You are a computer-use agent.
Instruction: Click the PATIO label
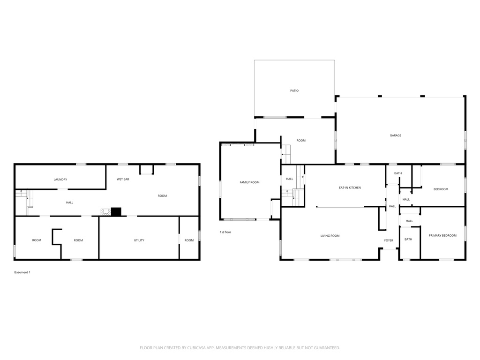[x=294, y=90]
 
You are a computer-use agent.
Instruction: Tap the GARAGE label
[x=396, y=135]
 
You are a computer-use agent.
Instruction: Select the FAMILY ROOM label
[x=249, y=182]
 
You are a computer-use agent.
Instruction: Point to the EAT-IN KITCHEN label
[x=350, y=187]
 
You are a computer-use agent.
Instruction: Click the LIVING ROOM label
[x=330, y=236]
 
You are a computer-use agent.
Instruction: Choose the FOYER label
[x=389, y=240]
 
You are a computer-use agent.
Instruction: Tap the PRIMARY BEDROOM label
[x=442, y=236]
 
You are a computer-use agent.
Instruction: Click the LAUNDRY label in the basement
[x=60, y=180]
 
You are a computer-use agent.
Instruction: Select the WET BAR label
[x=123, y=179]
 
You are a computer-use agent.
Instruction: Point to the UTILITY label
[x=139, y=240]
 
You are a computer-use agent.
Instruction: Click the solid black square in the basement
[x=116, y=212]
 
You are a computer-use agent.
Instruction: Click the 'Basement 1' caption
[x=22, y=272]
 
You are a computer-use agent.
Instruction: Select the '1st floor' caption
[x=225, y=232]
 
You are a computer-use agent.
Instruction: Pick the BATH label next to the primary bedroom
[x=408, y=239]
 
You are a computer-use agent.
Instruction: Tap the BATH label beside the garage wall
[x=398, y=173]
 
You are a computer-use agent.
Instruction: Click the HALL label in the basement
[x=69, y=202]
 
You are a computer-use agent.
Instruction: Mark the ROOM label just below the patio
[x=301, y=141]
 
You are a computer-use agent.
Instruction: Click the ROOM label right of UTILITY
[x=189, y=240]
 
